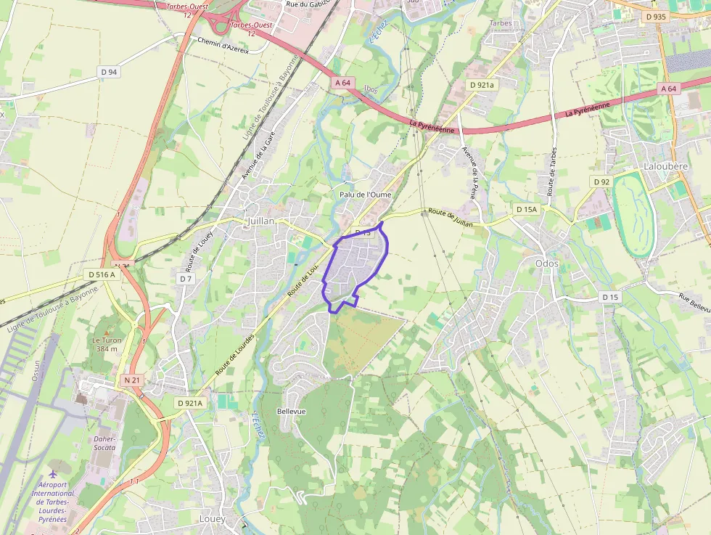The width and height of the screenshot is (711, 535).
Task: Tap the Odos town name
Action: tap(546, 264)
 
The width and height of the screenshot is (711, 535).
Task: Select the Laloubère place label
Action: tap(665, 166)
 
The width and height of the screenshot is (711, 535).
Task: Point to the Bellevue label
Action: tap(292, 412)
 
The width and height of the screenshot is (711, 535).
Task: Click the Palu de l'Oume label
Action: tap(365, 195)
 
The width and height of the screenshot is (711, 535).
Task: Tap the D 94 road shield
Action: tap(109, 71)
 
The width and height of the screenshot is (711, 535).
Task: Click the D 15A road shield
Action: tap(526, 209)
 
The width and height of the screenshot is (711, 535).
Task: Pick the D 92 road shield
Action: tap(601, 181)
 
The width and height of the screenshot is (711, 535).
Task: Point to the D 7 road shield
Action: tap(186, 279)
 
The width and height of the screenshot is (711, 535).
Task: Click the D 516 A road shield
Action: tap(102, 274)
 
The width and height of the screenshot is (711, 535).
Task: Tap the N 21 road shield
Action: tap(131, 380)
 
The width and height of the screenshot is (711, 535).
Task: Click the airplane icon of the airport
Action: tap(52, 475)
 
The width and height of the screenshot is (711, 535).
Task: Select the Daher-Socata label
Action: tap(104, 443)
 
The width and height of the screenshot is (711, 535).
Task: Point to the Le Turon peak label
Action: tap(106, 344)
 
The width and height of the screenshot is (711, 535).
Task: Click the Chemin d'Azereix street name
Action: tap(223, 40)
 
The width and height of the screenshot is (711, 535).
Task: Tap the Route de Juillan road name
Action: tap(451, 217)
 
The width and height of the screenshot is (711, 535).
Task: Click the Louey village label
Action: tap(213, 520)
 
